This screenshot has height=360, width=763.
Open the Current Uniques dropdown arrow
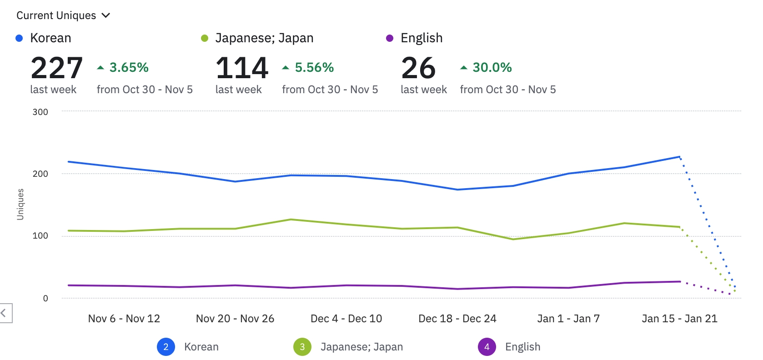click(106, 15)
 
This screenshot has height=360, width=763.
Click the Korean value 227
click(57, 68)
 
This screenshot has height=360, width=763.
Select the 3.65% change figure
click(129, 68)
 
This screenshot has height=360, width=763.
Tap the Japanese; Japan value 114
click(242, 68)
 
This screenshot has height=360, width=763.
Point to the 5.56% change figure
click(314, 68)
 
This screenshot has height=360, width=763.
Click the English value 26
click(418, 68)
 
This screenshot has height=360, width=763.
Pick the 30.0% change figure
click(492, 68)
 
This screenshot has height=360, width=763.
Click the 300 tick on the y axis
click(40, 112)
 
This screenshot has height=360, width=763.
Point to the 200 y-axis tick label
click(40, 174)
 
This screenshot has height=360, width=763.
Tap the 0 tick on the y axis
click(45, 298)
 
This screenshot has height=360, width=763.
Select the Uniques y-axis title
click(20, 205)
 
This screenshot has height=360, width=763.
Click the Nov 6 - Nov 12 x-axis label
click(124, 319)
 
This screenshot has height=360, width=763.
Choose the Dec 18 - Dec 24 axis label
click(457, 319)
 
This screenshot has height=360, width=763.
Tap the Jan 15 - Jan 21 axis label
click(679, 319)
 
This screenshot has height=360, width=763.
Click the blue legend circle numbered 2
click(166, 347)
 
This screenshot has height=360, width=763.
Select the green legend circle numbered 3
click(302, 347)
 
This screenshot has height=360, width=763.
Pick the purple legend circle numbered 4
click(487, 347)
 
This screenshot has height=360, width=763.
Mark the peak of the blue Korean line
click(679, 157)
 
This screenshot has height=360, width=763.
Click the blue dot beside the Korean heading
click(19, 38)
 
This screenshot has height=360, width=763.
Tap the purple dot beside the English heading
click(390, 38)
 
